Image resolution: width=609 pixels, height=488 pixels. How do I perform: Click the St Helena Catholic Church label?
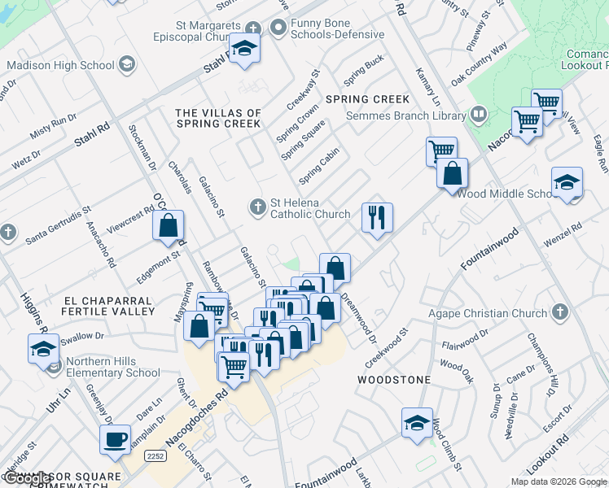(x=309, y=209)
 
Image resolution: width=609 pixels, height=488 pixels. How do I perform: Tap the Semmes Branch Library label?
(x=405, y=115)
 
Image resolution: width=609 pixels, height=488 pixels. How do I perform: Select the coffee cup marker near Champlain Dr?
(x=115, y=439)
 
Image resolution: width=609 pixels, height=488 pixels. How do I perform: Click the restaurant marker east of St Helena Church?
(x=376, y=217)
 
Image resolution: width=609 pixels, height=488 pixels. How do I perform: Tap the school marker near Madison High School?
(x=243, y=50)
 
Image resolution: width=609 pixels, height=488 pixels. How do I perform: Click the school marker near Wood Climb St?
(x=417, y=422)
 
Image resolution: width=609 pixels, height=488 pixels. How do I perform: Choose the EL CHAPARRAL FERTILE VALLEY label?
(x=108, y=306)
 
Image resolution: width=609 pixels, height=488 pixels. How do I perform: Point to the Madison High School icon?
(x=126, y=64)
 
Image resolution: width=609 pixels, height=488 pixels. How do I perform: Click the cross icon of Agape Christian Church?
(x=559, y=312)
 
